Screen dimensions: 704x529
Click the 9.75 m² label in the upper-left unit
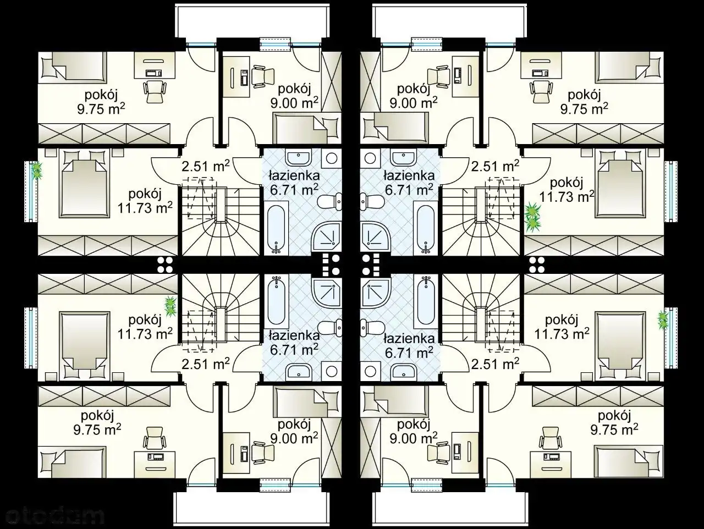(x=101, y=109)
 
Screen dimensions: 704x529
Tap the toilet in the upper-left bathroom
(x=329, y=202)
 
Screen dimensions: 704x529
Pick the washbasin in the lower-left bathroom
(x=299, y=371)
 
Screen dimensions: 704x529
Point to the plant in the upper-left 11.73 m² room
(x=37, y=170)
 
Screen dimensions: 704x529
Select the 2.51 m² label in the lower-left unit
(x=206, y=363)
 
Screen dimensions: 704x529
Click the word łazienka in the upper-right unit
(x=409, y=175)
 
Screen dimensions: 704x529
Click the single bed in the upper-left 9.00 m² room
(x=307, y=128)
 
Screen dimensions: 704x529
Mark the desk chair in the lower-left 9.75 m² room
(x=155, y=438)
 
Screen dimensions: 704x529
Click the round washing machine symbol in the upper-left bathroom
(x=331, y=158)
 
